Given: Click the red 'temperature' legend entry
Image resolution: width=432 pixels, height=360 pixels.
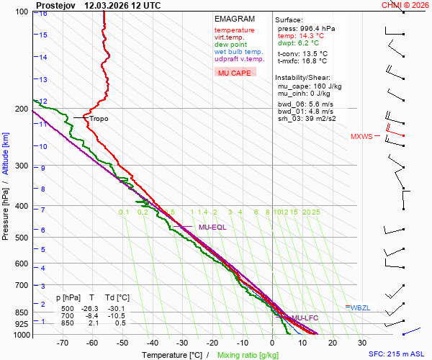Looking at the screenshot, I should tap(234, 30).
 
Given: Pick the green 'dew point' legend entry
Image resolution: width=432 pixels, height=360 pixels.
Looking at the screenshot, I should tap(230, 45).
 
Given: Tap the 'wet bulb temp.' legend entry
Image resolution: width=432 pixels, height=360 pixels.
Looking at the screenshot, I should tap(238, 52).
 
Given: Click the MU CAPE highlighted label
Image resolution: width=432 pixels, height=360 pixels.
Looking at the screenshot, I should tap(235, 73).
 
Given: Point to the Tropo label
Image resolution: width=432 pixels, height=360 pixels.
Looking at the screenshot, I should tap(99, 119).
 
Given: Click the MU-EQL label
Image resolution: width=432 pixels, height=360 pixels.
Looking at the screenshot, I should tap(212, 228).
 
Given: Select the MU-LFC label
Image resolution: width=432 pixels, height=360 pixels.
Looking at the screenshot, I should tap(305, 318).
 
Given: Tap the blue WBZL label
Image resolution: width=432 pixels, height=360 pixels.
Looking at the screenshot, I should tap(360, 308).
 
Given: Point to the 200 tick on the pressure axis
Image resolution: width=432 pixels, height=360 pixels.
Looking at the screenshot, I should tap(22, 109).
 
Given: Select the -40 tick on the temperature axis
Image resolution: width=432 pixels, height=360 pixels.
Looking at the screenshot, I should tap(153, 343).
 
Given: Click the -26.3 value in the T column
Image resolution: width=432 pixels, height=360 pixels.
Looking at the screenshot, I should tap(91, 309).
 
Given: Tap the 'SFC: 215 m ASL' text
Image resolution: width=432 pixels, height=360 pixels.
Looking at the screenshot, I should tap(398, 354).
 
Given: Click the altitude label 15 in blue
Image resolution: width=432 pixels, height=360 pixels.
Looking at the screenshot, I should tap(43, 35).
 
